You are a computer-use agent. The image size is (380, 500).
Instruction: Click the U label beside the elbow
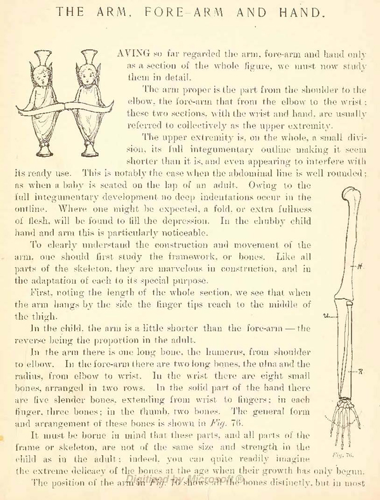(325, 316)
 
